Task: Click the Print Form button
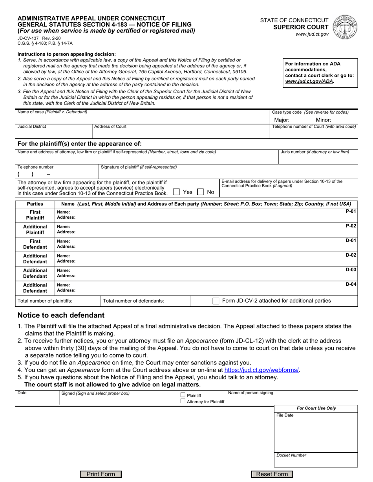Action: (x=101, y=474)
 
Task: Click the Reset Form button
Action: (x=272, y=474)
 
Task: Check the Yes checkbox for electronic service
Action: (x=177, y=192)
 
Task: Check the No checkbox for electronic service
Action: (x=200, y=192)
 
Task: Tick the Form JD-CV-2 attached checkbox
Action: (x=216, y=301)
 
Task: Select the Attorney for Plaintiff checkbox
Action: (x=183, y=401)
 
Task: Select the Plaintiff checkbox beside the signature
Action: (x=183, y=395)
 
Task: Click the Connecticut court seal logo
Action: (x=345, y=27)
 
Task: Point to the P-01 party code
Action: (x=351, y=211)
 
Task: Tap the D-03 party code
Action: (x=351, y=270)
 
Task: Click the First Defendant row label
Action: (x=35, y=244)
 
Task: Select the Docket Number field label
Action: (x=291, y=455)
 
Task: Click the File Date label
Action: (x=285, y=415)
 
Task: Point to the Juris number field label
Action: (x=314, y=152)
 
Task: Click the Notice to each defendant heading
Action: (x=61, y=315)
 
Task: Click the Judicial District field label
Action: (x=32, y=127)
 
